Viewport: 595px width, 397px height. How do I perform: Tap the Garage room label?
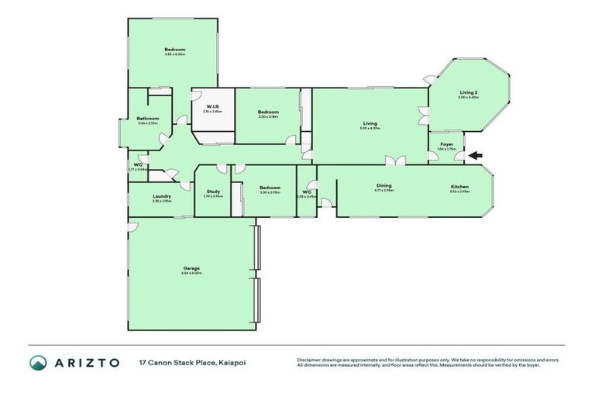click(x=191, y=268)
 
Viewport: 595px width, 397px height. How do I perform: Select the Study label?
click(x=213, y=191)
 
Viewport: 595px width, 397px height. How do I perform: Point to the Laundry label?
click(x=162, y=196)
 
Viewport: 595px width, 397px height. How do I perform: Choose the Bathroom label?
click(x=148, y=119)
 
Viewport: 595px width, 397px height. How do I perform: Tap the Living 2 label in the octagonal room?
click(x=469, y=92)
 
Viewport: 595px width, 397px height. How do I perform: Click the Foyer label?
click(x=447, y=143)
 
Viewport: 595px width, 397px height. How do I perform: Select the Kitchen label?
click(x=460, y=186)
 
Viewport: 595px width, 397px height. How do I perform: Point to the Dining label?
click(x=384, y=186)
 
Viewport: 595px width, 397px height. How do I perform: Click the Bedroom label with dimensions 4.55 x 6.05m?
click(x=174, y=50)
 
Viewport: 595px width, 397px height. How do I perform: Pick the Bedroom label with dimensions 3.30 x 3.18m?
click(x=268, y=112)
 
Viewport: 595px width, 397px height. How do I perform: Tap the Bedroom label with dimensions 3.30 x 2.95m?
click(x=270, y=188)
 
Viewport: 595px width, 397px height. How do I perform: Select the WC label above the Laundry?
click(x=136, y=164)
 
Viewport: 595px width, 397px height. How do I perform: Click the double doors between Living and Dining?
click(x=397, y=161)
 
